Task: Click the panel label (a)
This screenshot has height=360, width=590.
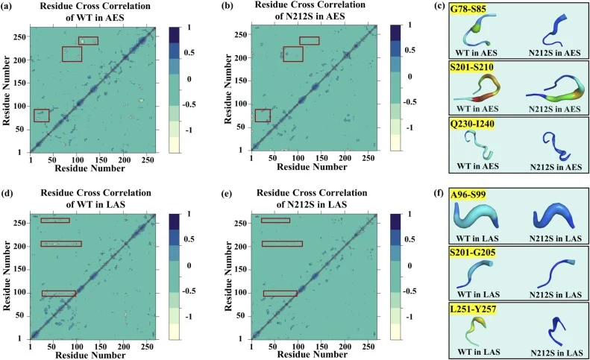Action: tap(7, 7)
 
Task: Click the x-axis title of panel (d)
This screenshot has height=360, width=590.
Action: tap(90, 355)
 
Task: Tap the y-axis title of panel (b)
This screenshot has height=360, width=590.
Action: tap(228, 89)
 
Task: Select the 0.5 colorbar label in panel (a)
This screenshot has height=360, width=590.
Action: tap(189, 52)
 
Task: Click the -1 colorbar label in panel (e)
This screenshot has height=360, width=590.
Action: tap(411, 317)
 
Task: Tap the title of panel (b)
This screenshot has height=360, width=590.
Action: tap(311, 10)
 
